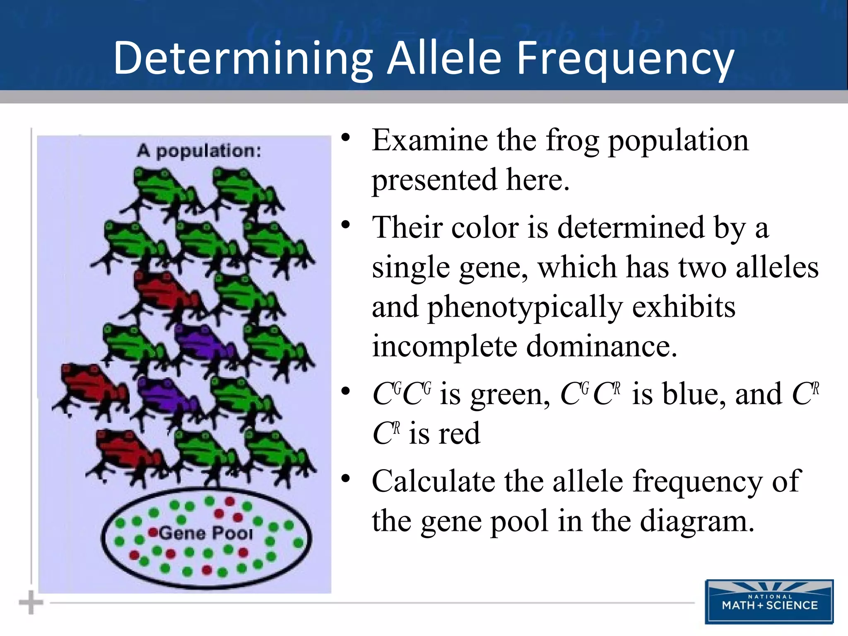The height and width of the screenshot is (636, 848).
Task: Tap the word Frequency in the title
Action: (x=625, y=58)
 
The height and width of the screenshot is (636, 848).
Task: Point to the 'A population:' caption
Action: (x=199, y=151)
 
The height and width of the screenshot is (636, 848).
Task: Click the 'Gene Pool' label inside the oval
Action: (x=206, y=533)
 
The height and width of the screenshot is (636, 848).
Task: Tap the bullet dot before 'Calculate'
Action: (x=346, y=479)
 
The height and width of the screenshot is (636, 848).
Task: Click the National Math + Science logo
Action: (x=769, y=602)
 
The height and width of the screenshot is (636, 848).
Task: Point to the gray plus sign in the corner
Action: (x=31, y=602)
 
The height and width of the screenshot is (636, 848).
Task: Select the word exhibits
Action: (x=684, y=307)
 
